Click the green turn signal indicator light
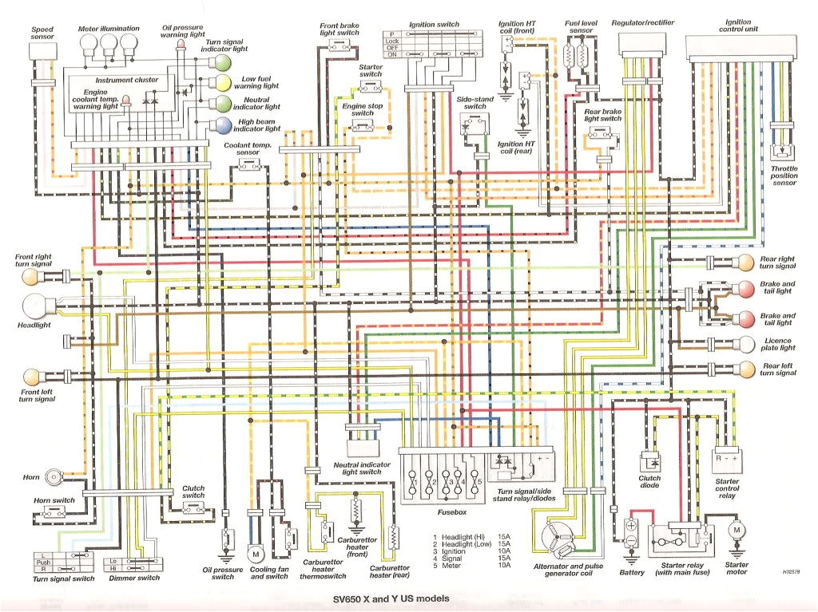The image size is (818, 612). click(225, 62)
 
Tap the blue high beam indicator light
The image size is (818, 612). click(225, 124)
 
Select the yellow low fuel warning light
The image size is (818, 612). click(225, 82)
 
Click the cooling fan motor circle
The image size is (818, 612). click(256, 553)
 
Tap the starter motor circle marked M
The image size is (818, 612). click(737, 531)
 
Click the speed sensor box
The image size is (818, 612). click(42, 50)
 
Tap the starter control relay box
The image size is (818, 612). click(727, 461)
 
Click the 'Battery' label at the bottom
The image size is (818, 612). click(631, 572)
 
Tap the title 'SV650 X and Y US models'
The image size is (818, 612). click(391, 598)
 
